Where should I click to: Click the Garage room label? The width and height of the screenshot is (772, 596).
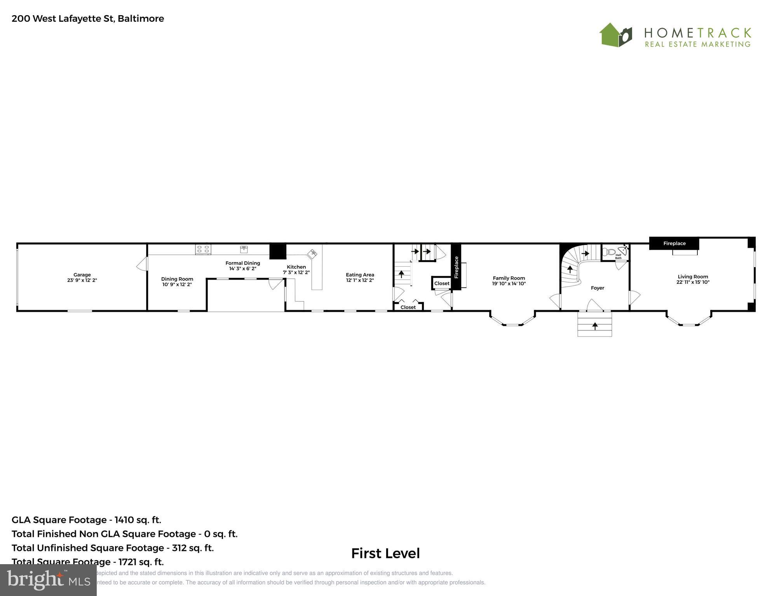coord(82,275)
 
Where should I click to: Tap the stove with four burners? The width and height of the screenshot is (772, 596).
coord(203,249)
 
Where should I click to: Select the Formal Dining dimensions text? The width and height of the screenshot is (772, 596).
coord(242,269)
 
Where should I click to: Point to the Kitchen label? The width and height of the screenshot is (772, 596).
coord(296,267)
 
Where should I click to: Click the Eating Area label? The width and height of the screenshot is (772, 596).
coord(360,275)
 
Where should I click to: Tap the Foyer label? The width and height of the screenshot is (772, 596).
coord(598,288)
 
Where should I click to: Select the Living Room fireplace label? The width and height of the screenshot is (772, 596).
coord(674,243)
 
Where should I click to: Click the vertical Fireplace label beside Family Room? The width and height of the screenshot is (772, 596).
coord(457,267)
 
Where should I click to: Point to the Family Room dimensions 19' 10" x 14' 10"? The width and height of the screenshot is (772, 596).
coord(509,283)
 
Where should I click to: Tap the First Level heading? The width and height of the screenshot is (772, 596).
coord(385,553)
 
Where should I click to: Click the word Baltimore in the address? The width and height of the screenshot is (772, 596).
coord(141,19)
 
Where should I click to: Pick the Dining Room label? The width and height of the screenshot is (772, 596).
coord(177,279)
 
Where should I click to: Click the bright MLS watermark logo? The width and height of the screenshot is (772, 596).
coord(48,580)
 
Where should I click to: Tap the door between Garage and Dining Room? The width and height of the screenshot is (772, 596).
coord(143,264)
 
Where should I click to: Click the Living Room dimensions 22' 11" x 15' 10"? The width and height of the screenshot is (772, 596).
coord(693,282)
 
